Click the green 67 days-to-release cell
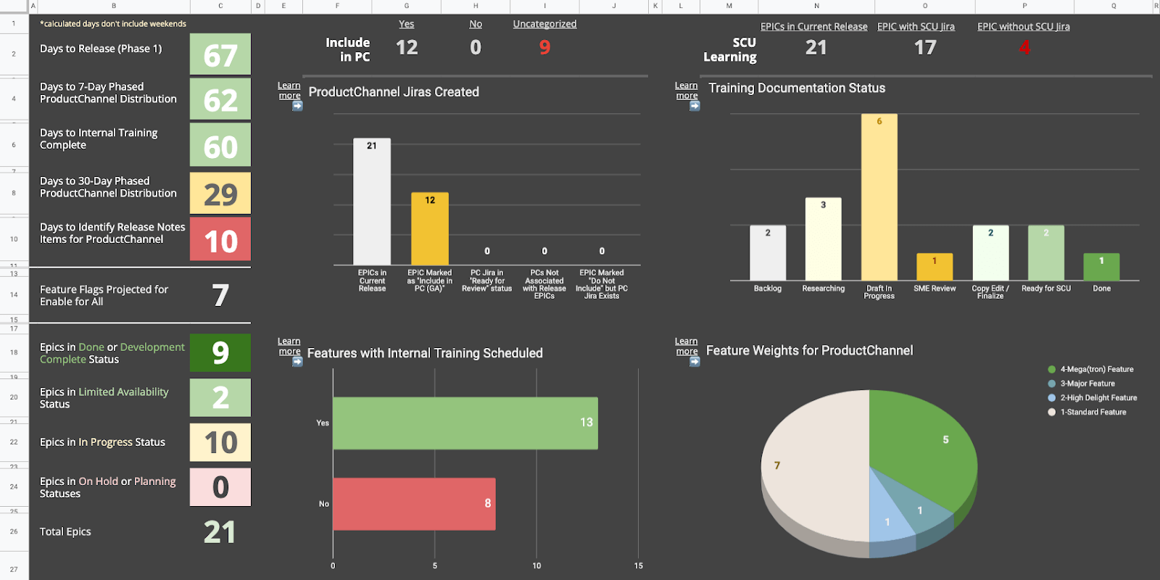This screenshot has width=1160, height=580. click(x=220, y=54)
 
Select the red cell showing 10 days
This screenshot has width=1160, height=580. click(x=220, y=240)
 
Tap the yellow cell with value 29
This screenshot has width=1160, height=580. click(x=220, y=194)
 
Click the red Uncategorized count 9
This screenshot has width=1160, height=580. click(x=544, y=48)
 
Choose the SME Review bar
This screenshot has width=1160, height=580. click(x=935, y=268)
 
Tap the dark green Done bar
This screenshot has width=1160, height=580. click(x=1101, y=268)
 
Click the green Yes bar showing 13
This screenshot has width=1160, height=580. click(x=465, y=423)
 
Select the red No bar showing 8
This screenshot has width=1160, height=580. click(x=414, y=504)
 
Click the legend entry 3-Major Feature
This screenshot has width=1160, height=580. click(x=1087, y=384)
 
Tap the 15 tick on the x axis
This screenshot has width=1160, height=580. click(x=638, y=565)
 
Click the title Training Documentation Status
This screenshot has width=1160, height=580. click(x=797, y=88)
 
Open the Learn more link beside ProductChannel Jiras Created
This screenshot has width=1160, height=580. click(x=289, y=91)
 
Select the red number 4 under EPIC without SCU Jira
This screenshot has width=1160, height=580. click(x=1024, y=48)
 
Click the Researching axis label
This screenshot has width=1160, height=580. click(x=823, y=289)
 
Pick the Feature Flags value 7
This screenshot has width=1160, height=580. click(x=220, y=295)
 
